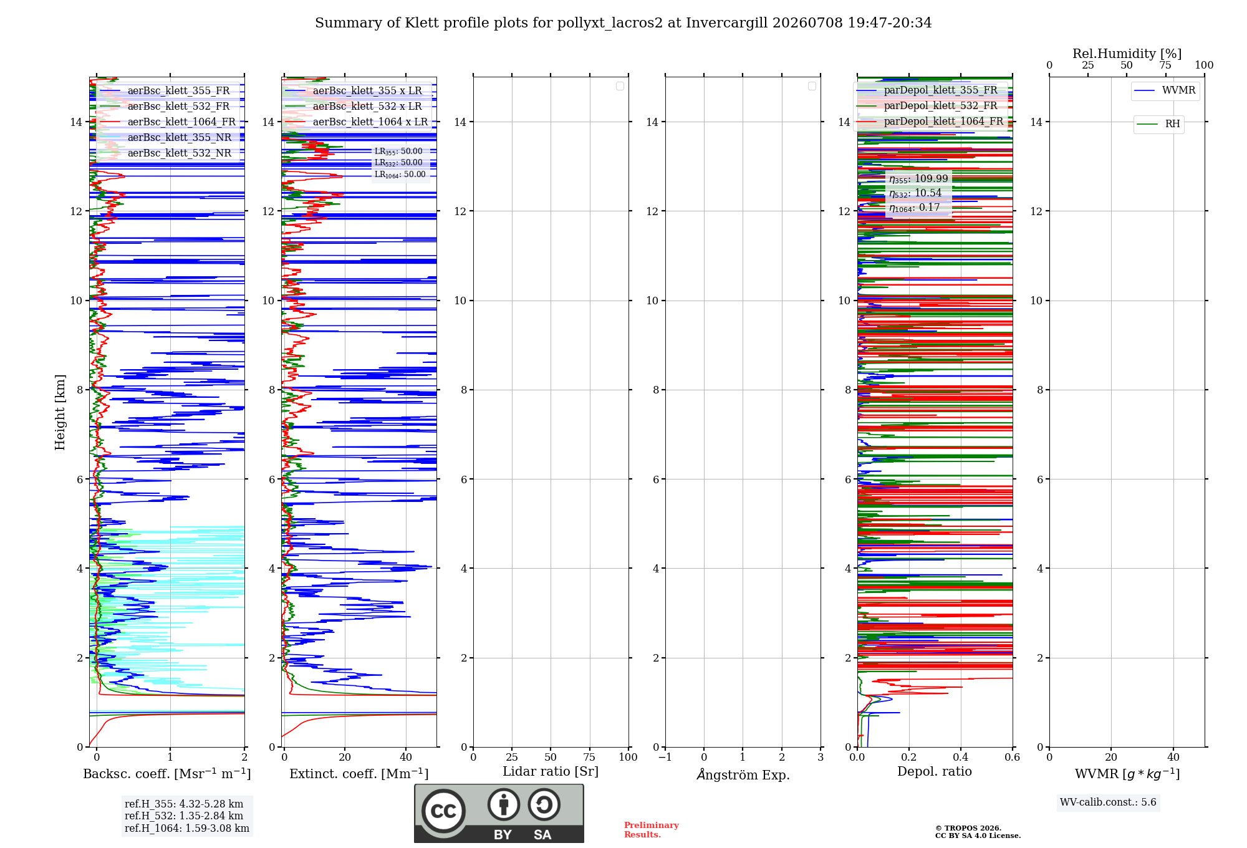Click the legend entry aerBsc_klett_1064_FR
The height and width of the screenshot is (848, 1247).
coord(166,122)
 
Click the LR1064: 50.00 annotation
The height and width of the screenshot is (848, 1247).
coord(400,175)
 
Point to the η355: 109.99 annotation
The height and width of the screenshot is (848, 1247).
coord(918,179)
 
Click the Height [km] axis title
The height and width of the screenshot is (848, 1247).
coord(60,412)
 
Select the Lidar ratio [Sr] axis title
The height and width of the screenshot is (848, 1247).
coord(551,771)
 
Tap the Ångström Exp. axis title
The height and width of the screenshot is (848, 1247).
coord(743,774)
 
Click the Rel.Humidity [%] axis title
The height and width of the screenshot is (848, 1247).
coord(1127,54)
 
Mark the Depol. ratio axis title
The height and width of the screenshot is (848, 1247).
coord(935,771)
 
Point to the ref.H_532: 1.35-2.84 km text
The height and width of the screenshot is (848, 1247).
coord(184,816)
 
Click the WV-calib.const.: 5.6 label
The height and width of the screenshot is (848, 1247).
coord(1108,802)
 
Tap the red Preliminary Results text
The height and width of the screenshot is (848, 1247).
coord(652,830)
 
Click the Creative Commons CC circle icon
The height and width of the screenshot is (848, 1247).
coord(443,811)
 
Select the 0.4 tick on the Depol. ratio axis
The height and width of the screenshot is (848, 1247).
coord(961,758)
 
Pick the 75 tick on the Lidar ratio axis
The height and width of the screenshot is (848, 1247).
coord(589,758)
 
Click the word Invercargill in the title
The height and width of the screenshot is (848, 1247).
coord(726,23)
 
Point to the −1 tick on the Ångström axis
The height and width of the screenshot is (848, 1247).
coord(665,758)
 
